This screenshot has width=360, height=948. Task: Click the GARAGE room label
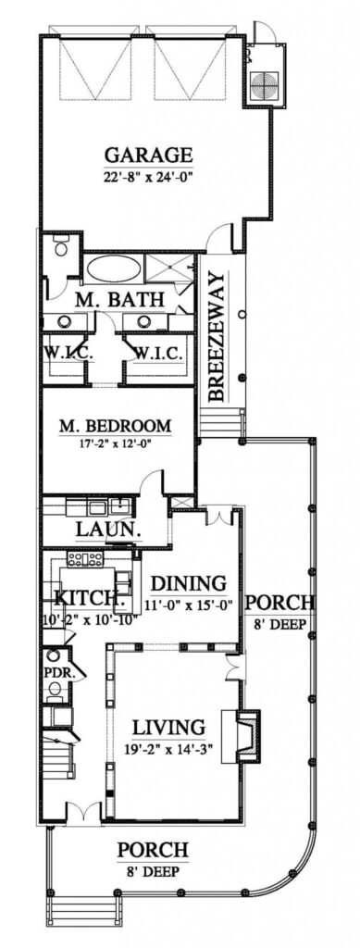pyautogui.click(x=149, y=156)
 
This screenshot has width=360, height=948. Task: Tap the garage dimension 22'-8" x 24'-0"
pyautogui.click(x=149, y=177)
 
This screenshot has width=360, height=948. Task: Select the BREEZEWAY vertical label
pyautogui.click(x=217, y=337)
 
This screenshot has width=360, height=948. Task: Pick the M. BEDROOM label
pyautogui.click(x=115, y=426)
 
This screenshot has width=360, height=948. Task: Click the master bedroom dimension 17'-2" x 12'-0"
pyautogui.click(x=115, y=443)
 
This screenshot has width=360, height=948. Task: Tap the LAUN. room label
pyautogui.click(x=109, y=530)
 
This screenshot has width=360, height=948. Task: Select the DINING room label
pyautogui.click(x=189, y=584)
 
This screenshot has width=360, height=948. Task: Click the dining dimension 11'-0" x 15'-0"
pyautogui.click(x=189, y=605)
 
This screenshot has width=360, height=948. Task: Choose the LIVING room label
pyautogui.click(x=168, y=726)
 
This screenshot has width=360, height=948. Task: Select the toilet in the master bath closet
pyautogui.click(x=60, y=246)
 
